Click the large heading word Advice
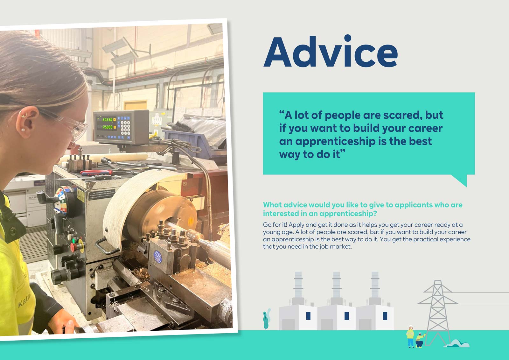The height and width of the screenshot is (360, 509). pos(331,53)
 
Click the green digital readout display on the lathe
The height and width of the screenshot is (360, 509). pos(107,123)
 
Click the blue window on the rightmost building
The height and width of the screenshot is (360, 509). pos(385,316)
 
